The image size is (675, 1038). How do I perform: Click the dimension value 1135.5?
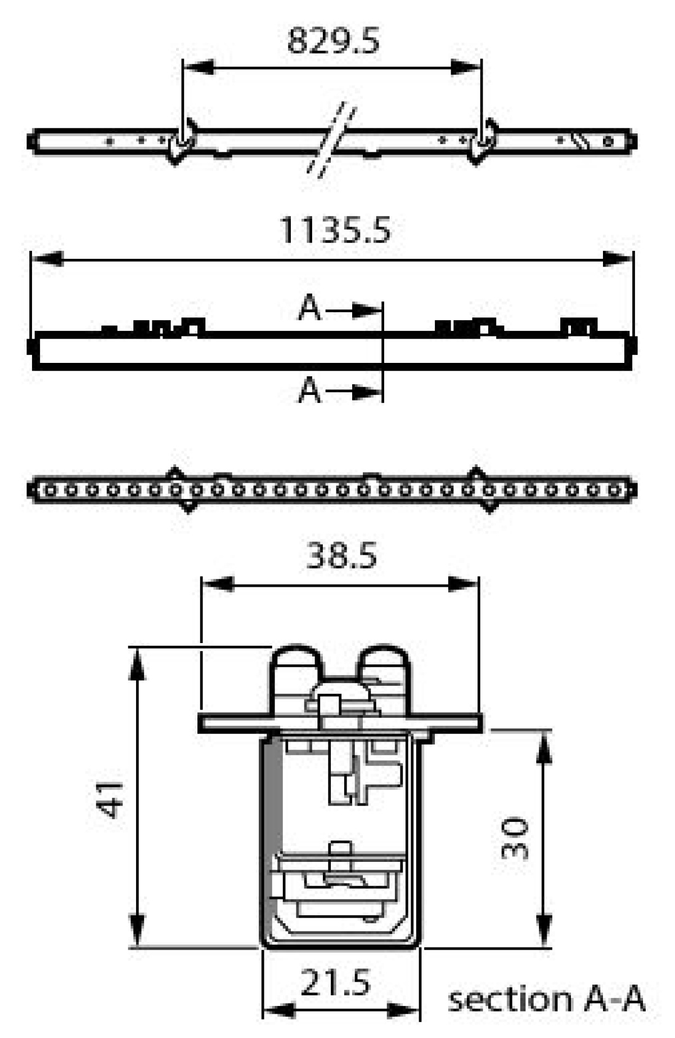(335, 230)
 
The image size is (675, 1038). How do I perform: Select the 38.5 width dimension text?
(341, 557)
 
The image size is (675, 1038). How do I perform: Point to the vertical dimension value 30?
(515, 838)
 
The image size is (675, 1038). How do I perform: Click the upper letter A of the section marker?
(310, 309)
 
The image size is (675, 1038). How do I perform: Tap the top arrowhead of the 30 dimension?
(543, 745)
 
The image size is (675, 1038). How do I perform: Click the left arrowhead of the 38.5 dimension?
(217, 584)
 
